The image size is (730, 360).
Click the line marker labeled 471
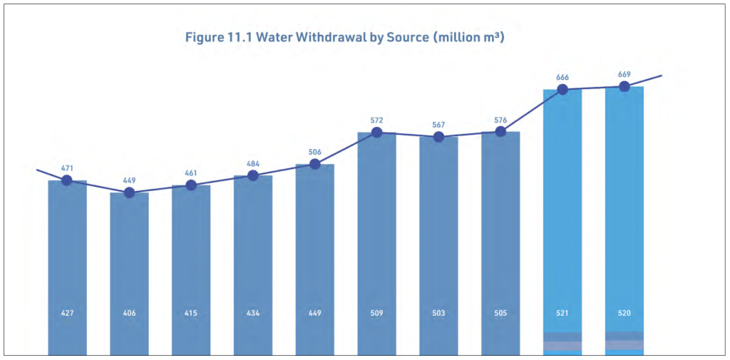pyautogui.click(x=67, y=180)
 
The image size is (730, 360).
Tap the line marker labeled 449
pyautogui.click(x=130, y=192)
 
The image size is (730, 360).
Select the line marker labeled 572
pyautogui.click(x=376, y=133)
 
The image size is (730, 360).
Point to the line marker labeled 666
pyautogui.click(x=562, y=89)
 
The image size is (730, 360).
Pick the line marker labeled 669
pyautogui.click(x=624, y=87)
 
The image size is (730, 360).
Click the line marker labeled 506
pyautogui.click(x=314, y=164)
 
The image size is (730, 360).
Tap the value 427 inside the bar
pyautogui.click(x=67, y=314)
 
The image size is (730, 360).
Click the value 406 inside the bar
pyautogui.click(x=130, y=314)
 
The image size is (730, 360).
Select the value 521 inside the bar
pyautogui.click(x=562, y=314)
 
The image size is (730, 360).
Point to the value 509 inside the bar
pyautogui.click(x=376, y=314)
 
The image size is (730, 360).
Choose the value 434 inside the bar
pyautogui.click(x=253, y=314)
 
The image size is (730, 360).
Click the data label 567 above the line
pyautogui.click(x=438, y=125)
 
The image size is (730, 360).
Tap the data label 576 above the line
pyautogui.click(x=500, y=120)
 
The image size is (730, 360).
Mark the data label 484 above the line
pyautogui.click(x=253, y=163)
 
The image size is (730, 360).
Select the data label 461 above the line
pyautogui.click(x=191, y=173)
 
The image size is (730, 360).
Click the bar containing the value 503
pyautogui.click(x=438, y=246)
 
